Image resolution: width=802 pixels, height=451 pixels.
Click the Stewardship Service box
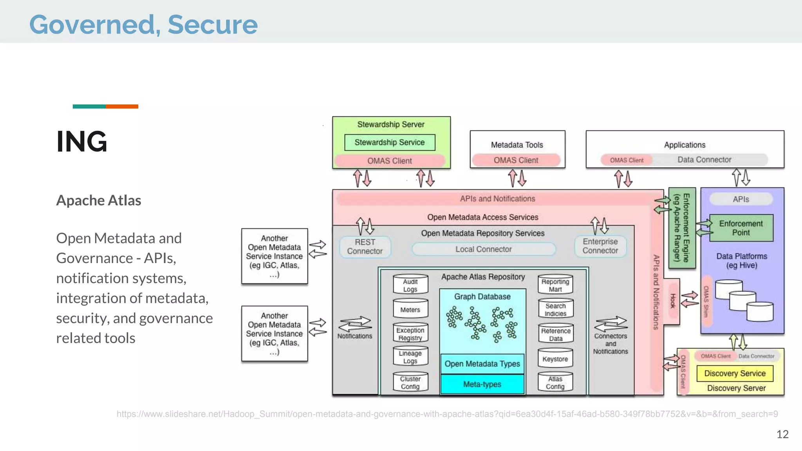(390, 143)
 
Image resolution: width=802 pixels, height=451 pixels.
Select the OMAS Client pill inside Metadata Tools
(516, 160)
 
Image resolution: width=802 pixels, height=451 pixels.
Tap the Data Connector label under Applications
(704, 160)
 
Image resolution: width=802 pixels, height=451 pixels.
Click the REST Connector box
(365, 247)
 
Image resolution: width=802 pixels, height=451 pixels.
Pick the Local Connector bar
(483, 249)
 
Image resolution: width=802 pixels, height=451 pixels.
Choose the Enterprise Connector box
(600, 246)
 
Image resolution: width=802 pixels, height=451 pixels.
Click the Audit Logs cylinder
(410, 285)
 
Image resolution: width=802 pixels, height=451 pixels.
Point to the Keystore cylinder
(555, 359)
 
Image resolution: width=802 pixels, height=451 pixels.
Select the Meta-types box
(482, 384)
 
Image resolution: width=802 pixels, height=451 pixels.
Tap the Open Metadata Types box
(482, 364)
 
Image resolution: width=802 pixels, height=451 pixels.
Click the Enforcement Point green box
(741, 228)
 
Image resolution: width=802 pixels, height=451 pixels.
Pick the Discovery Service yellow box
(735, 373)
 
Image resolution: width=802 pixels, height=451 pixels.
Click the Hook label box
(673, 301)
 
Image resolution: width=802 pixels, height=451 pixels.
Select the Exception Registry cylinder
(410, 334)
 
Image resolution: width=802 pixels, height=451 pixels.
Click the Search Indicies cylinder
(555, 309)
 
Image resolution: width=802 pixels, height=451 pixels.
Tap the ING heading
(81, 142)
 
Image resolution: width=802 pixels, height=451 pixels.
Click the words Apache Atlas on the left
(99, 200)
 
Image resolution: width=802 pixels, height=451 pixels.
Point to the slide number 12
(782, 434)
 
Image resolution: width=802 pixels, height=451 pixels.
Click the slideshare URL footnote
(447, 414)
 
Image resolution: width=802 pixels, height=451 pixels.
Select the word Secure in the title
(213, 25)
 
